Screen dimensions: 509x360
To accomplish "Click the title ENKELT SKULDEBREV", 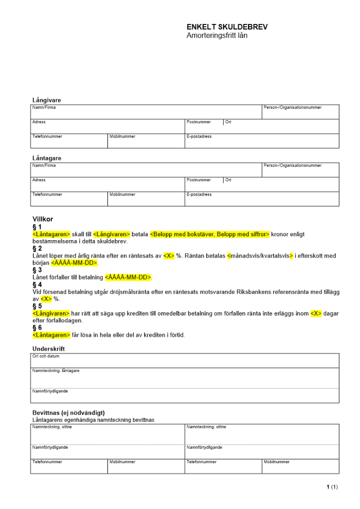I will [227, 27].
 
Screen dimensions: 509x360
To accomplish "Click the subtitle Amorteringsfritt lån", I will [217, 35].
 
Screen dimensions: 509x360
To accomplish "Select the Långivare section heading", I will [46, 100].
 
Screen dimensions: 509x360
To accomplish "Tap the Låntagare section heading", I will [46, 158].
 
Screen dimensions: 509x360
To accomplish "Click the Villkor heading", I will [42, 219].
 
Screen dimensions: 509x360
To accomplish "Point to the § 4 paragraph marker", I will [37, 285].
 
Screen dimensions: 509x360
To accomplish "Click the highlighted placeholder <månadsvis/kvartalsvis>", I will [260, 256].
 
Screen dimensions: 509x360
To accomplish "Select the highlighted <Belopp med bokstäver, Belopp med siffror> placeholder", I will [210, 234].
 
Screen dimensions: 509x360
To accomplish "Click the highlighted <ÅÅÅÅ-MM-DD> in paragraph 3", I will [128, 277].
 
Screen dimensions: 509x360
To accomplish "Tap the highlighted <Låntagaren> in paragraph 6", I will [51, 335].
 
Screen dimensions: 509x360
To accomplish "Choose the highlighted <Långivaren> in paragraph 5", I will [51, 314].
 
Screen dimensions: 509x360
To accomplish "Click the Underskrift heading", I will [48, 349].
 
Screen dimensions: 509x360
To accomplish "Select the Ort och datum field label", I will [42, 356].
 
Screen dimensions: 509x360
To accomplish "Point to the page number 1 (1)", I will [331, 487].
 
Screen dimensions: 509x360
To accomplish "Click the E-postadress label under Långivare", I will [199, 136].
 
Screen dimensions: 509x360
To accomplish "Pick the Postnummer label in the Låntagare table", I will [199, 180].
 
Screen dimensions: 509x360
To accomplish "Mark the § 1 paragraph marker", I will [37, 227].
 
